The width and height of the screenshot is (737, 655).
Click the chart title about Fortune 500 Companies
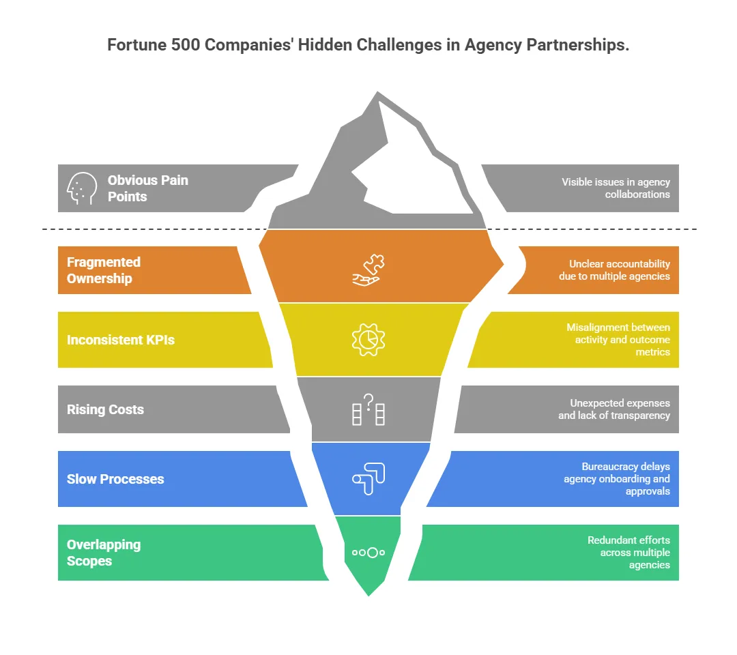(369, 46)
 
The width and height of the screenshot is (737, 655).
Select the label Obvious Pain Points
(147, 188)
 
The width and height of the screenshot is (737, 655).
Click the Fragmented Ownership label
(104, 270)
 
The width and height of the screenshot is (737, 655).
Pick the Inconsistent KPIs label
(121, 340)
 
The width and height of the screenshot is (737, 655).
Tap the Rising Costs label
(105, 409)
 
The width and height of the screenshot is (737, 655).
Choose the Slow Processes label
(115, 479)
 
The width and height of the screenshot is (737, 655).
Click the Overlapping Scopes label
(104, 553)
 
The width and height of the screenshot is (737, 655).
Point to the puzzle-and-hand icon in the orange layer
(369, 270)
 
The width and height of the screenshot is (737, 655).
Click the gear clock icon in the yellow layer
(369, 339)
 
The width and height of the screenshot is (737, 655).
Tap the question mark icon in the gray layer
(369, 410)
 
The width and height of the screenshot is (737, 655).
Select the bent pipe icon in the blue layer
(369, 478)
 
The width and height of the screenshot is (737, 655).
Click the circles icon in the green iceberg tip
(369, 553)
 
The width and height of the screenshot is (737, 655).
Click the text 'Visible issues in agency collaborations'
(616, 188)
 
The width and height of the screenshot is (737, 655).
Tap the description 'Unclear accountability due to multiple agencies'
(614, 270)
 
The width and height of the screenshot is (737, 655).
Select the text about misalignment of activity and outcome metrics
(618, 340)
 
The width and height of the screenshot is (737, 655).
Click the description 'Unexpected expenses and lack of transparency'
(614, 409)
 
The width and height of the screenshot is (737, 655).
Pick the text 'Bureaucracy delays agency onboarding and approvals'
(616, 479)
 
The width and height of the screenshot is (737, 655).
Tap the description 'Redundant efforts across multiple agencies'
(628, 553)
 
